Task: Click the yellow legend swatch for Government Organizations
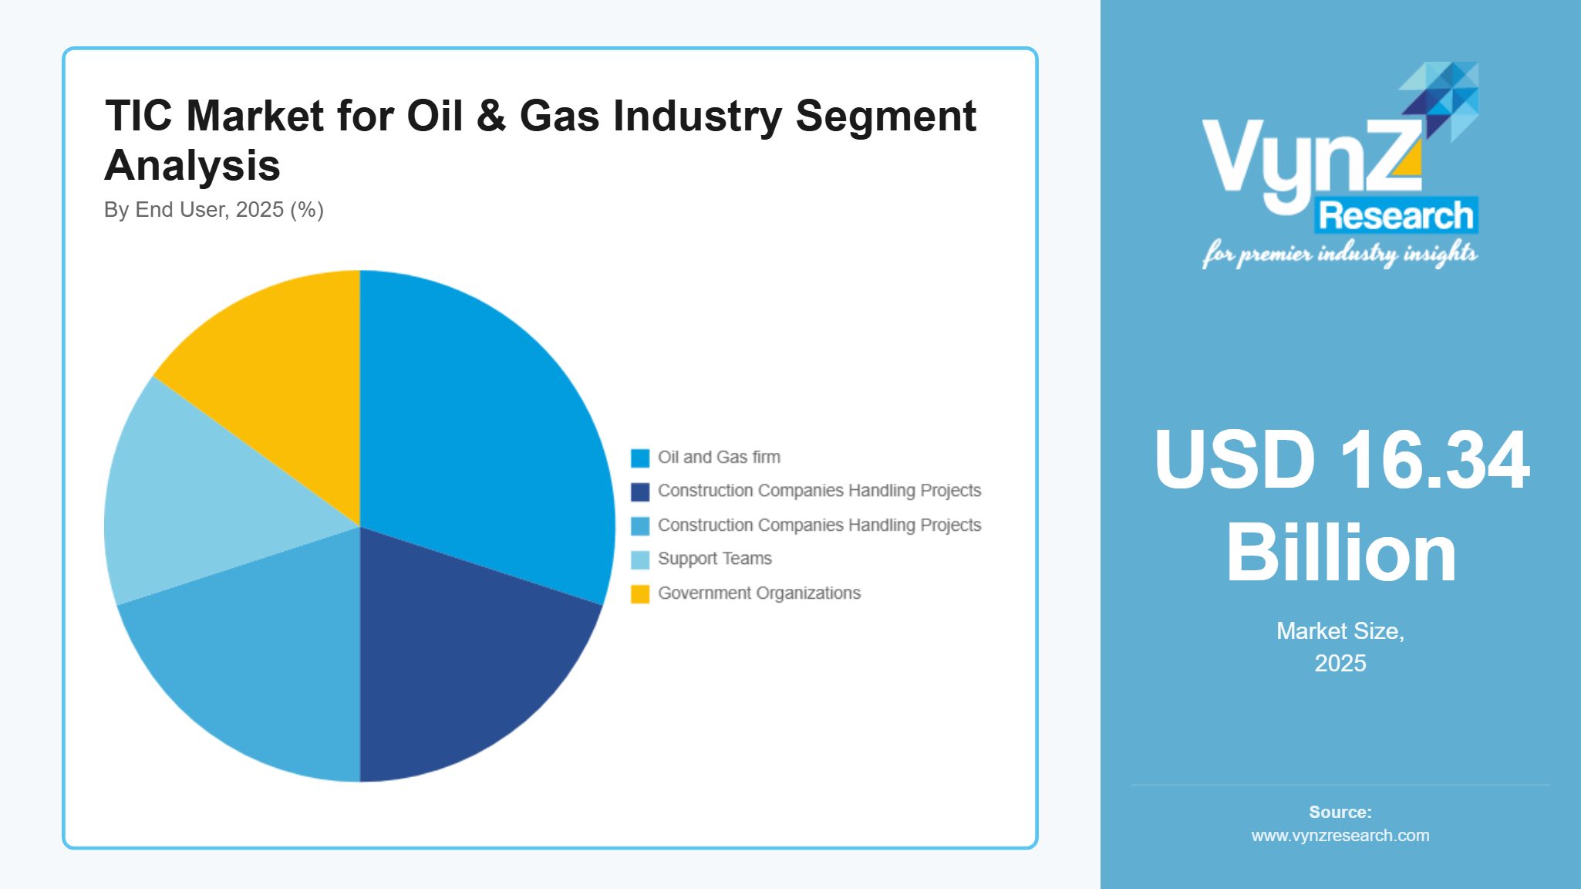[x=640, y=594]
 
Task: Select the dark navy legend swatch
[x=640, y=492]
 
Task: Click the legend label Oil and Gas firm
[x=719, y=458]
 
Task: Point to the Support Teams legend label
[x=714, y=559]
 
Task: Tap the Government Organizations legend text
[x=759, y=593]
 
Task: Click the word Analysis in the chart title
[x=192, y=165]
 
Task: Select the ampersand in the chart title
[x=491, y=117]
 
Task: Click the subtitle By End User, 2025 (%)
[x=214, y=210]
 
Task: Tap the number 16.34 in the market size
[x=1434, y=461]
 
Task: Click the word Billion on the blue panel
[x=1340, y=553]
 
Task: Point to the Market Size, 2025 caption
[x=1340, y=647]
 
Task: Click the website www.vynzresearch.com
[x=1340, y=836]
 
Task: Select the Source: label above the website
[x=1340, y=812]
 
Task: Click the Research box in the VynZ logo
[x=1396, y=215]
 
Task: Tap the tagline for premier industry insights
[x=1340, y=253]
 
